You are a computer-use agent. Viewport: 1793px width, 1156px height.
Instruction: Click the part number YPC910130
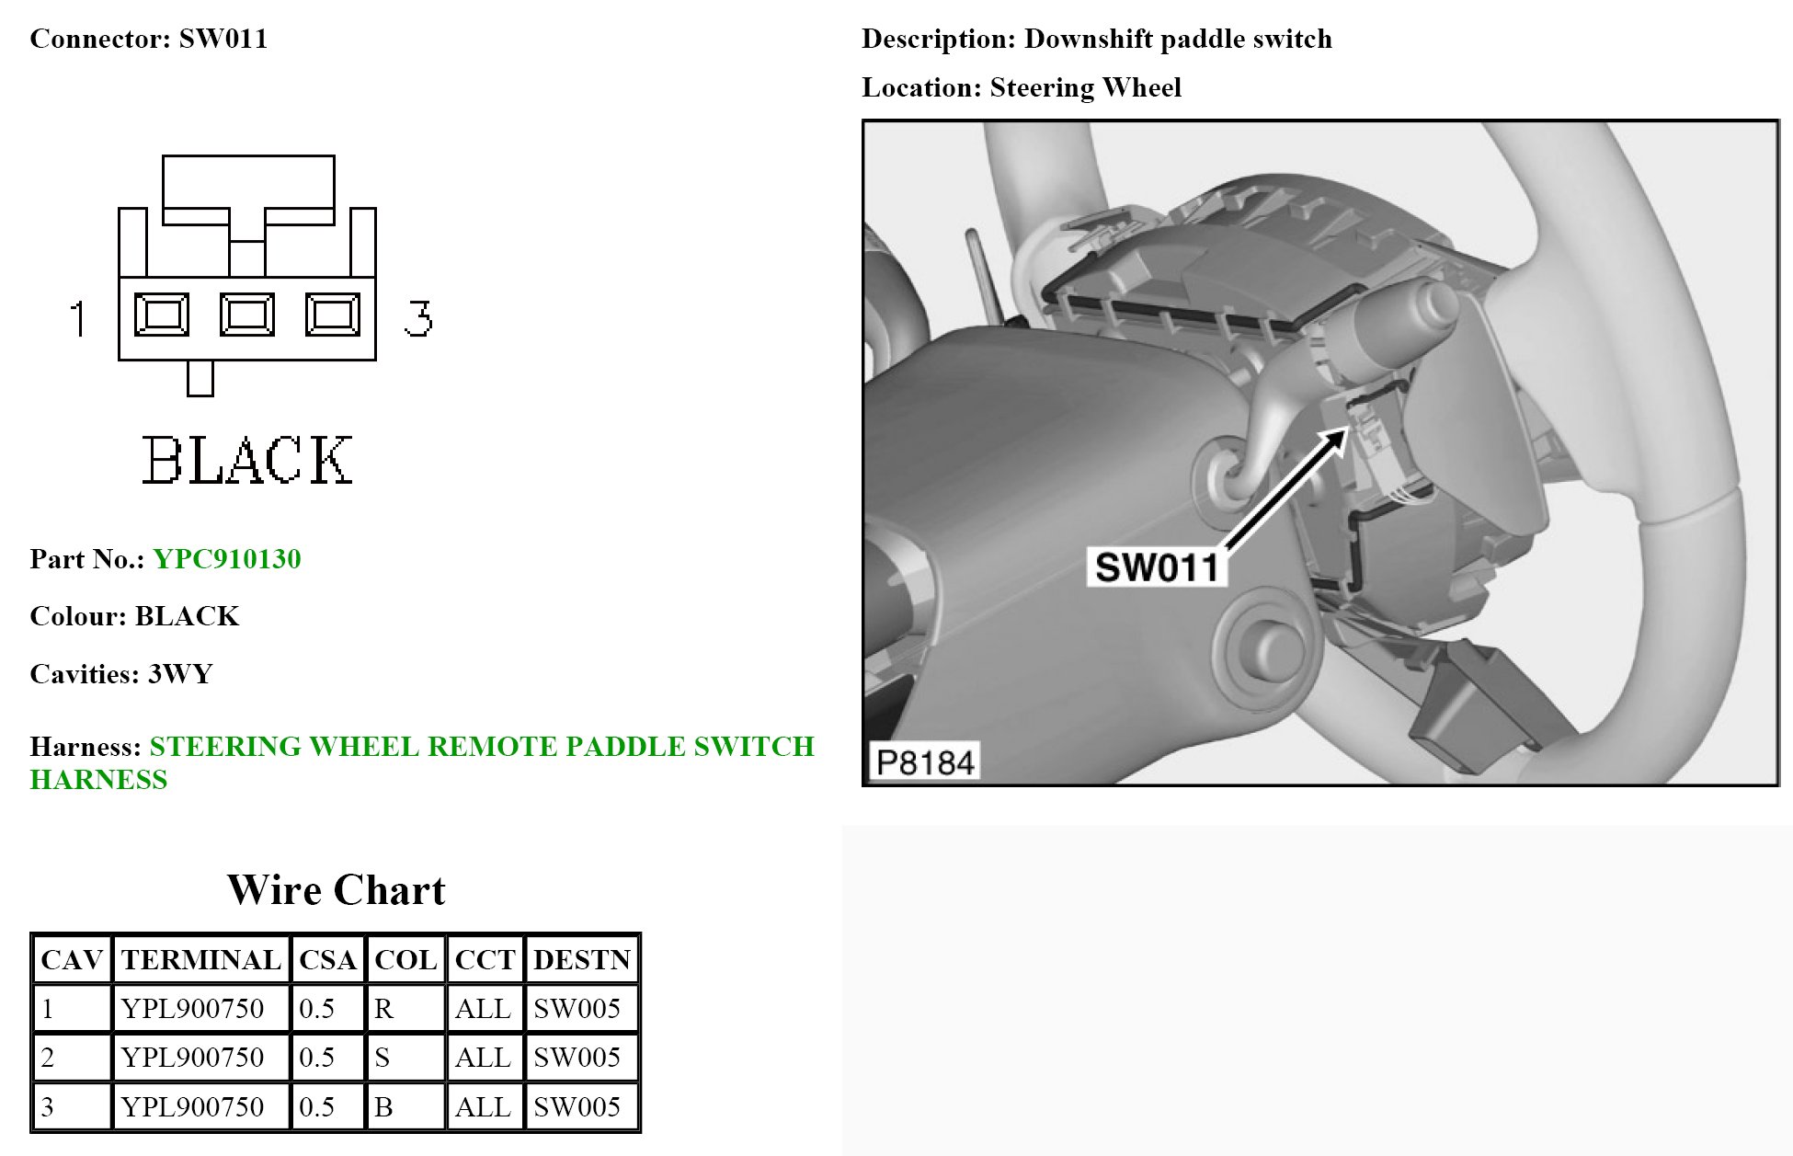tap(226, 559)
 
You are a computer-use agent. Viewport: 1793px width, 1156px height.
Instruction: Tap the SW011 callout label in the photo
tap(1156, 567)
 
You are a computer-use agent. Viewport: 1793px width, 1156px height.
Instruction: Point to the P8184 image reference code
tap(924, 762)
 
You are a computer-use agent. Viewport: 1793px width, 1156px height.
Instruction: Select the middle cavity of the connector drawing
tap(246, 315)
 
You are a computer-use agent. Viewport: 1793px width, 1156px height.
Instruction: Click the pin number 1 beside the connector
tap(79, 318)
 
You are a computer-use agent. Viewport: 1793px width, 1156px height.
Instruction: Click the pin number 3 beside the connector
tap(418, 318)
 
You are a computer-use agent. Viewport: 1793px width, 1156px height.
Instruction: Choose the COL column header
tap(405, 960)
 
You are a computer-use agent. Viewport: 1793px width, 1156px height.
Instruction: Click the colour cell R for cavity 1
tap(383, 1009)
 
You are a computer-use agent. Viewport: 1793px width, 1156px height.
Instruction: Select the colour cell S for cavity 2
tap(383, 1058)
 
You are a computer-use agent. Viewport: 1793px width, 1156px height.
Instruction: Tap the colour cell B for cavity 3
tap(383, 1106)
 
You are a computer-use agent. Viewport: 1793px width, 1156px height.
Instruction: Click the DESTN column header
tap(581, 960)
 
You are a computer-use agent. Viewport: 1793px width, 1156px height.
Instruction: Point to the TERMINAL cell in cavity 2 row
tap(192, 1058)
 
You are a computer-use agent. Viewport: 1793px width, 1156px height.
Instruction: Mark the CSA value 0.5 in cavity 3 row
tap(317, 1106)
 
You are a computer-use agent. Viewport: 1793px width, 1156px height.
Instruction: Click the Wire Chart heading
tap(336, 890)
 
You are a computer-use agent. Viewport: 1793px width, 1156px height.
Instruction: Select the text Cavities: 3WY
tap(121, 674)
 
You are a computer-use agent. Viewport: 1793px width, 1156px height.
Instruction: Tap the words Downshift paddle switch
tap(1177, 39)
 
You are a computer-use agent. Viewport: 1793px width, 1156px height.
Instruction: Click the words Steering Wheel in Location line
tap(1085, 87)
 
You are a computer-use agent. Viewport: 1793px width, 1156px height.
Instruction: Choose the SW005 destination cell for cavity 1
tap(577, 1009)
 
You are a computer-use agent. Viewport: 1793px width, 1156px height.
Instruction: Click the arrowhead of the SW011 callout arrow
tap(1338, 439)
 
